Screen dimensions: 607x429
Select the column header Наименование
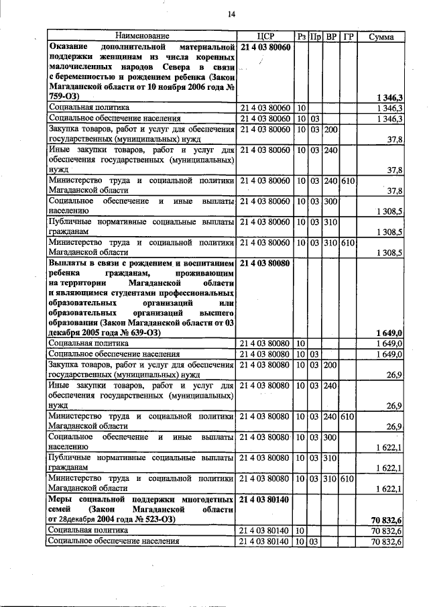click(141, 36)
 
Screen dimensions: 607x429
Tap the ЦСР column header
click(266, 36)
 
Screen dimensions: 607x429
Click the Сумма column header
click(381, 36)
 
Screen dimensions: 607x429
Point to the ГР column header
click(347, 36)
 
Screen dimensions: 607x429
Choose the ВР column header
click(331, 36)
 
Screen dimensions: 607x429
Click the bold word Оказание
click(72, 48)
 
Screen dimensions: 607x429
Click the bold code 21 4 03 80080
click(265, 264)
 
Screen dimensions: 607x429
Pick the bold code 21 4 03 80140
click(265, 500)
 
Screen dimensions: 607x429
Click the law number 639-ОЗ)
click(158, 332)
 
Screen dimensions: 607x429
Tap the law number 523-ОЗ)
click(156, 519)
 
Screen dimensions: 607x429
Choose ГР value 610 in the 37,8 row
click(347, 181)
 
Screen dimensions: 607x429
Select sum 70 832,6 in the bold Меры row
click(386, 519)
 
